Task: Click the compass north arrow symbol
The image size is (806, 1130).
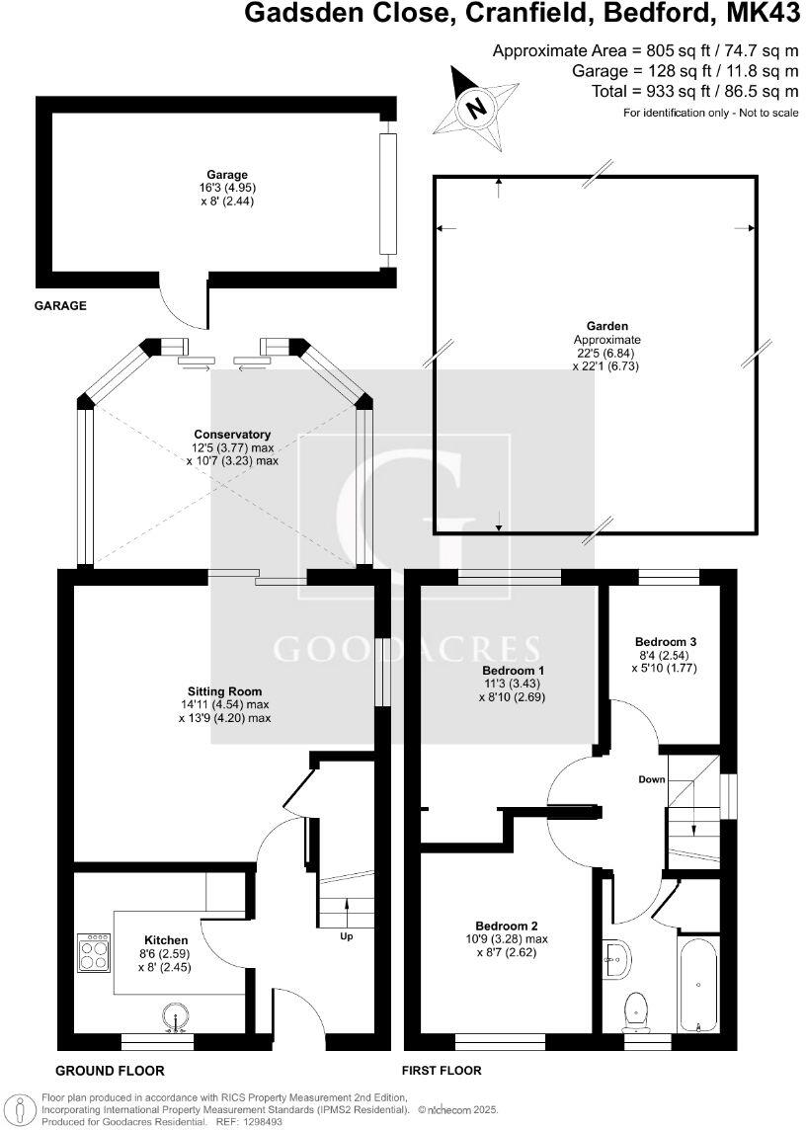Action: point(477,107)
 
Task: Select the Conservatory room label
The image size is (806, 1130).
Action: point(232,435)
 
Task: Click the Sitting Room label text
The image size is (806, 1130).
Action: point(224,691)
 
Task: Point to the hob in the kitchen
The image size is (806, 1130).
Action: point(95,953)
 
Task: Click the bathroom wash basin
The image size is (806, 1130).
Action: point(616,956)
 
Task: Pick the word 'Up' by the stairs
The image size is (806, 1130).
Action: point(346,935)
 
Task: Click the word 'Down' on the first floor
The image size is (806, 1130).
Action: point(651,779)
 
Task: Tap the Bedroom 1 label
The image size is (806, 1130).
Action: point(507,670)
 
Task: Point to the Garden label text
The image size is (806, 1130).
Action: point(592,326)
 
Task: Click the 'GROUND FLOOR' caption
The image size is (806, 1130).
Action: point(110,1071)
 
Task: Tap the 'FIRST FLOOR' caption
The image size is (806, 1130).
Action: point(442,1071)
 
